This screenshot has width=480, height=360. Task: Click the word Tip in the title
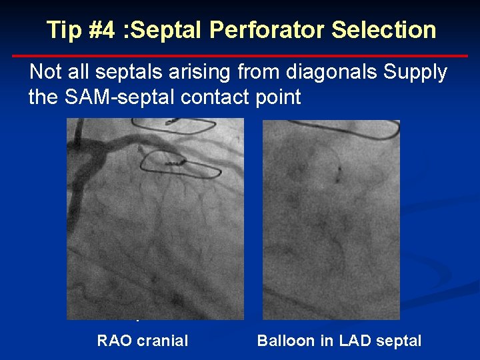61,30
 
